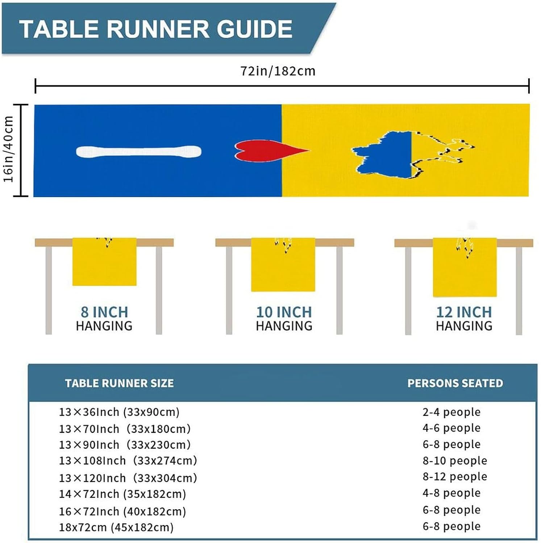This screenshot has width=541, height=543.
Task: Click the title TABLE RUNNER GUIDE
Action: coord(156,29)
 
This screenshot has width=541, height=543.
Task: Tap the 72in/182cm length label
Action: coord(278,71)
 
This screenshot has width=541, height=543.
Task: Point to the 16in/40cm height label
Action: coord(9,149)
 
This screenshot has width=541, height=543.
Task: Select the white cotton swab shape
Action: coord(138,151)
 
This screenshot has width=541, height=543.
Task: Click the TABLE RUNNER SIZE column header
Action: coord(119,383)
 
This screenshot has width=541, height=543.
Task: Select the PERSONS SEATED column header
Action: coord(455,383)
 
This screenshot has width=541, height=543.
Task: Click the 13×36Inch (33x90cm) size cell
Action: coord(119,412)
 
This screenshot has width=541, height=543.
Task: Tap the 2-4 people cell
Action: coord(451,412)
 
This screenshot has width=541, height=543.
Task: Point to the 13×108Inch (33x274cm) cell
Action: coord(128,460)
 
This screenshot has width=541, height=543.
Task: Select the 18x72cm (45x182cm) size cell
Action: coord(116,527)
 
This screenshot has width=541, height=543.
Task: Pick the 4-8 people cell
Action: coord(451,493)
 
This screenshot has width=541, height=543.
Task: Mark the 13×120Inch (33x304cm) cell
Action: coord(128,478)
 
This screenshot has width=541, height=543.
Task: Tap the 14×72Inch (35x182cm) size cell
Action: coord(122,494)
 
